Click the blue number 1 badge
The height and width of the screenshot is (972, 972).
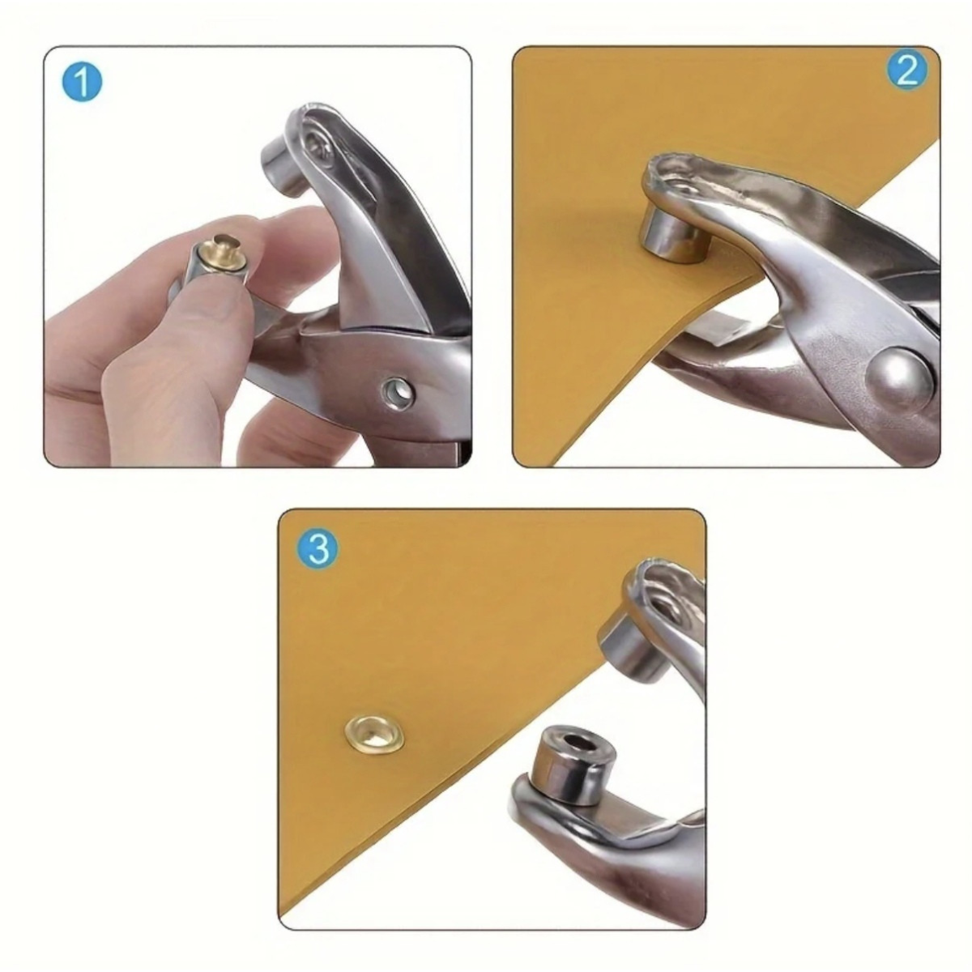(83, 83)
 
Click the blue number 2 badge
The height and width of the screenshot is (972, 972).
(906, 71)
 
